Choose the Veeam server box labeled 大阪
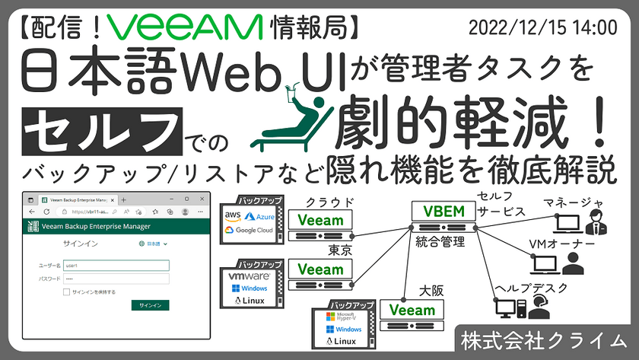click(x=412, y=310)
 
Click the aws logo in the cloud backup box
click(x=231, y=218)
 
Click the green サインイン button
click(x=149, y=304)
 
